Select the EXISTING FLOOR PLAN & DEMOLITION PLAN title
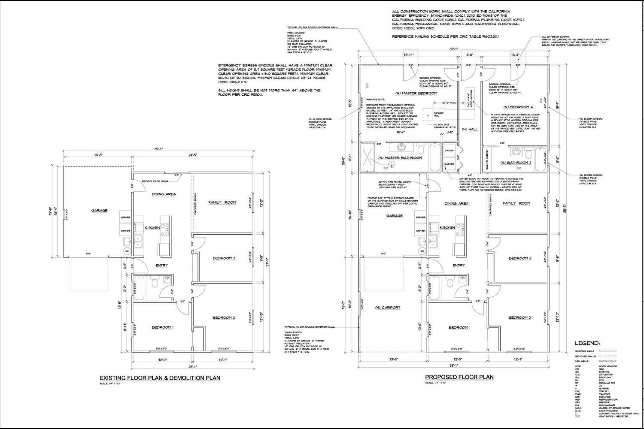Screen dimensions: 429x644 pos(160,378)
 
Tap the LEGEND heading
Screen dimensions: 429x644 pos(588,344)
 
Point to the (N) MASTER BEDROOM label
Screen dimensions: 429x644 pos(416,93)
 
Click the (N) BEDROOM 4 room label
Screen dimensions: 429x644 pos(518,107)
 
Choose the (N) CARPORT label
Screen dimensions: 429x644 pos(387,308)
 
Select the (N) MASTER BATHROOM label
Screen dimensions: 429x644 pos(400,158)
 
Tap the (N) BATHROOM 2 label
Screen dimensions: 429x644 pos(516,163)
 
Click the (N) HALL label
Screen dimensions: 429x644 pos(470,129)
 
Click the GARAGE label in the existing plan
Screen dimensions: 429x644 pos(99,211)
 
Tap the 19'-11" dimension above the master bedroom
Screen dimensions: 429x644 pos(409,55)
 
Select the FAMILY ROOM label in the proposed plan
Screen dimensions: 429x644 pos(516,203)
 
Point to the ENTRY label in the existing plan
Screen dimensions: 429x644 pos(162,266)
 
